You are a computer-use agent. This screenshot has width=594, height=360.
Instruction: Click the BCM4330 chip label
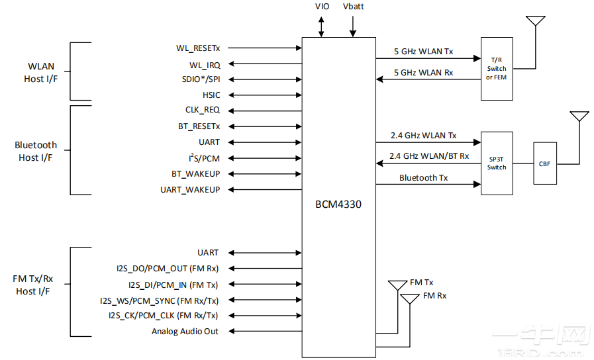(x=338, y=204)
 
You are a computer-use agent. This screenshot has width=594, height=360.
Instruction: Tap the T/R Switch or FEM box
(x=497, y=69)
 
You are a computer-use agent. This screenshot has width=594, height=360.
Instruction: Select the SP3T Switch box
(x=497, y=163)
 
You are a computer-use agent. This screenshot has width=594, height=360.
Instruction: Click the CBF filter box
(x=545, y=163)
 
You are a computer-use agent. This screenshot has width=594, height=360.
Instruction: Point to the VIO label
(x=321, y=7)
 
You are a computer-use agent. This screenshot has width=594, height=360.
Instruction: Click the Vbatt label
(x=353, y=7)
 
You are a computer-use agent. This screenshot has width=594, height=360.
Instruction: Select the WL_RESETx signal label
(x=198, y=48)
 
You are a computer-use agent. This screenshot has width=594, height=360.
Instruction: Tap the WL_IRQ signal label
(x=205, y=65)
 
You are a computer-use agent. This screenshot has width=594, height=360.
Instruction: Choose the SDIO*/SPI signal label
(x=201, y=79)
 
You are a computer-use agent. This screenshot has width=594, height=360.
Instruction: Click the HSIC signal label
(x=211, y=95)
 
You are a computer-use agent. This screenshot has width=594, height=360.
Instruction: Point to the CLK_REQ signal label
(x=203, y=111)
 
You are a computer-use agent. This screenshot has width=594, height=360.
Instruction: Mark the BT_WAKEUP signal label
(x=195, y=174)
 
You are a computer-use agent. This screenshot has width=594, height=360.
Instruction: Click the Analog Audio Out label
(x=185, y=332)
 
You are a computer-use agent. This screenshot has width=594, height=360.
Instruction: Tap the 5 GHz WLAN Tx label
(x=424, y=52)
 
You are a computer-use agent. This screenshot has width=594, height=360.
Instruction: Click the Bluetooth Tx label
(x=423, y=178)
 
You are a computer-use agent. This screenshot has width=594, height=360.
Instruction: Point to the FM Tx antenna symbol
(x=398, y=285)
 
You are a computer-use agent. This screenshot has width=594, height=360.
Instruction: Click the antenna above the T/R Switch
(x=535, y=21)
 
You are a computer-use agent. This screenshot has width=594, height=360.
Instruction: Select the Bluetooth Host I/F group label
(x=36, y=152)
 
